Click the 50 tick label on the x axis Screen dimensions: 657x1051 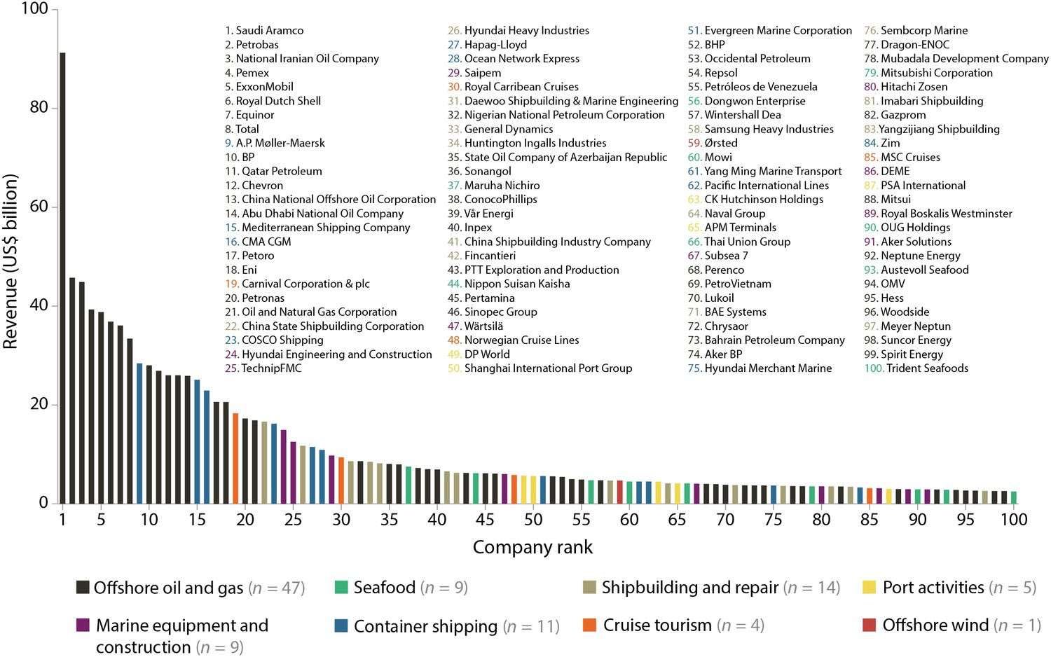click(x=533, y=520)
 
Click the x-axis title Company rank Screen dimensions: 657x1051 click(x=533, y=547)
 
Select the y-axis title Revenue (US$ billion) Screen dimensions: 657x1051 click(x=11, y=261)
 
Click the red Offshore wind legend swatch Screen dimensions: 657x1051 click(x=869, y=625)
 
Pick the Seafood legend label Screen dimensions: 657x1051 click(x=385, y=588)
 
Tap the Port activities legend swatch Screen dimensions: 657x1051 click(x=870, y=587)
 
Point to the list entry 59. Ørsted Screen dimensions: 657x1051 click(x=713, y=143)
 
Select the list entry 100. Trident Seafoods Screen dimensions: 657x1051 click(x=916, y=368)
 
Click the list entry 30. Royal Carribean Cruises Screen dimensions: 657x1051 click(x=513, y=87)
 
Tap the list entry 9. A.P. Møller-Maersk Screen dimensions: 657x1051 click(x=275, y=143)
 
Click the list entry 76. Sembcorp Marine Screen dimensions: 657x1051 click(x=916, y=31)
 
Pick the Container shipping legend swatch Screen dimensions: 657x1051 click(x=341, y=625)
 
